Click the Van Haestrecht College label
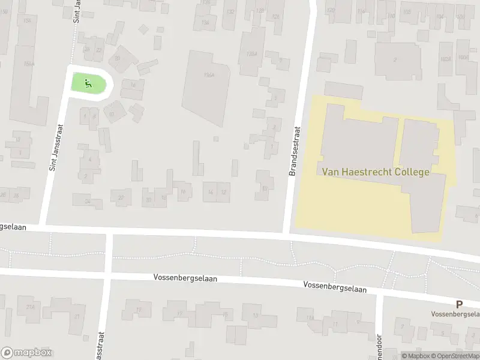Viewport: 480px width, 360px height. [376, 172]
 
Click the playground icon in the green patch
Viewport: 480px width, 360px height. [88, 83]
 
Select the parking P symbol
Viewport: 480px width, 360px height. [459, 304]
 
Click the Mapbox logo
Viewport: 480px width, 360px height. [26, 353]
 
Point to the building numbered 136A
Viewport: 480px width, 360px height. [208, 75]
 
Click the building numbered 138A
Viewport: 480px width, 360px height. [251, 53]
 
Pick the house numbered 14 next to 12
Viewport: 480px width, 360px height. [210, 192]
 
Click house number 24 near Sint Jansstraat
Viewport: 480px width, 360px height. [87, 202]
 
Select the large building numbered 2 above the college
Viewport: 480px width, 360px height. [395, 59]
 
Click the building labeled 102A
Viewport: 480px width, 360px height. [445, 59]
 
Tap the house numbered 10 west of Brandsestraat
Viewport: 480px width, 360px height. [265, 188]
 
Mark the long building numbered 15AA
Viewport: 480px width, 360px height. [27, 65]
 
